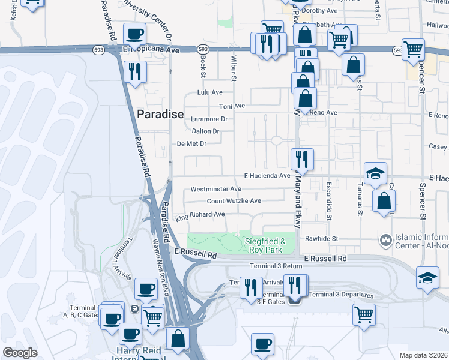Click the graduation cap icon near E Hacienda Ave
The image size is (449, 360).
376,173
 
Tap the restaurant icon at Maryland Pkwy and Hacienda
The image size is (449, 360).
301,159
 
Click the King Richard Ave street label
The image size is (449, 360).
200,214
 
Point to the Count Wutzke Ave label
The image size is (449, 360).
234,201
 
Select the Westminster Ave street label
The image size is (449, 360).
215,189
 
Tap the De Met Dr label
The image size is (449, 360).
191,143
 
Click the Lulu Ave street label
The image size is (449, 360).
210,93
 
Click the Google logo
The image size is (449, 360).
20,353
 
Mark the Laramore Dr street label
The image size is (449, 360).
209,119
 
